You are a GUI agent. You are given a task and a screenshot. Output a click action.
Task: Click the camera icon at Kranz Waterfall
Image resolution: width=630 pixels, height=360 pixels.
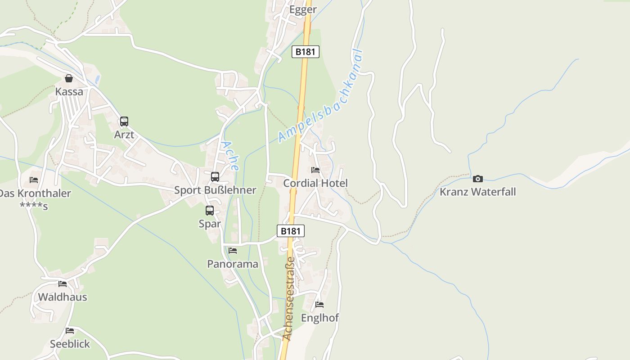tap(478, 179)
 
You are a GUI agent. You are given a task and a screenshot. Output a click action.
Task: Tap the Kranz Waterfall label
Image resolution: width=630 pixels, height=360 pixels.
tap(477, 192)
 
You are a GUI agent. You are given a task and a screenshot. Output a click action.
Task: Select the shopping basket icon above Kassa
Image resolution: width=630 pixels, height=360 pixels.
tap(69, 78)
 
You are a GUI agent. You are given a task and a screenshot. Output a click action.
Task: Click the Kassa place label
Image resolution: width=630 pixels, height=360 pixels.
tap(69, 92)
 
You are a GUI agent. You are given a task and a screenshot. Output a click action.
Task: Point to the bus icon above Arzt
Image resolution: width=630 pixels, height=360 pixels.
tap(124, 121)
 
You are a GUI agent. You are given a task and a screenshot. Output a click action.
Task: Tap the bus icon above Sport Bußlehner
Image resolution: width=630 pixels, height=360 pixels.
tap(215, 176)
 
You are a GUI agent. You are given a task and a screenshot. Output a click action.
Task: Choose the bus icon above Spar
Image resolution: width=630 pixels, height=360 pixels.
tap(210, 210)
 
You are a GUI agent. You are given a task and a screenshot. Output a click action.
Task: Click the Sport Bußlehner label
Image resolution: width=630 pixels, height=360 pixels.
tap(215, 190)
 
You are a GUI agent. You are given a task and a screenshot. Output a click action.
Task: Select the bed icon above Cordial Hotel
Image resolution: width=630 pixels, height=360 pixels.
tap(315, 170)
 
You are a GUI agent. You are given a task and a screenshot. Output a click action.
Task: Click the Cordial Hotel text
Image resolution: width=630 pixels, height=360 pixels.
tap(315, 183)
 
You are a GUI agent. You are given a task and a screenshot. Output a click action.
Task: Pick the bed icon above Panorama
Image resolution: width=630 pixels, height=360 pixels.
tap(233, 250)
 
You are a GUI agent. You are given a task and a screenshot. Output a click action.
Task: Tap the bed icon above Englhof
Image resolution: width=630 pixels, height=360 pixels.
tap(319, 304)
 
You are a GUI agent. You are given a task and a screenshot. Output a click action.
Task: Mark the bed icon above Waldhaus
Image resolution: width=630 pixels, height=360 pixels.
tap(63, 283)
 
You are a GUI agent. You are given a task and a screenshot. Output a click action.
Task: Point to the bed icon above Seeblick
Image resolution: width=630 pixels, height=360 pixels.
tap(70, 330)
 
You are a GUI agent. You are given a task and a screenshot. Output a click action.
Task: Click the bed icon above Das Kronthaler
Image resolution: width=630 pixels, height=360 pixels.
tap(34, 180)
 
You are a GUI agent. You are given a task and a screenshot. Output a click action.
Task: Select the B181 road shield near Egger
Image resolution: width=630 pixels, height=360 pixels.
tap(306, 52)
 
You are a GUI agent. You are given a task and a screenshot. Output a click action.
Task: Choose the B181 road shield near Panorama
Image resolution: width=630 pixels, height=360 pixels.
tap(290, 231)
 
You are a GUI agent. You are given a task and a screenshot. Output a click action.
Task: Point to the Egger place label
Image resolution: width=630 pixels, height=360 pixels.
tap(303, 9)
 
